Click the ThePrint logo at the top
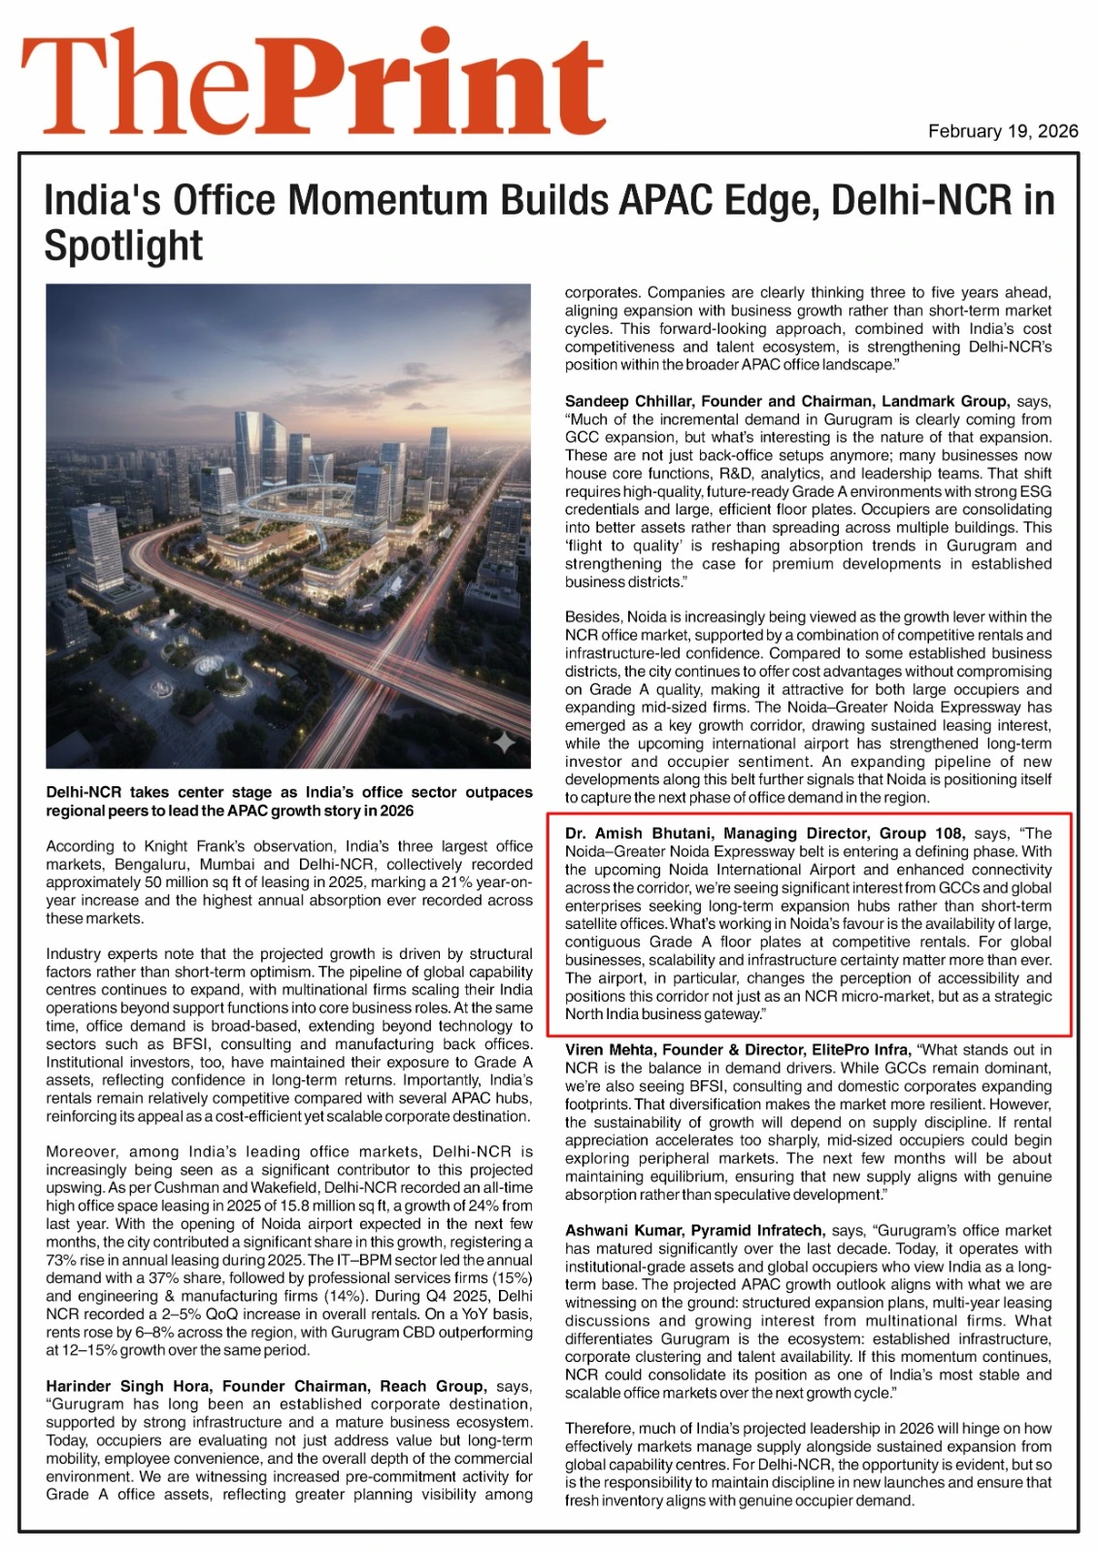pyautogui.click(x=313, y=83)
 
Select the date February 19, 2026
pyautogui.click(x=1002, y=131)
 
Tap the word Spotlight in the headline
pyautogui.click(x=123, y=246)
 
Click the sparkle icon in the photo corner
pyautogui.click(x=504, y=743)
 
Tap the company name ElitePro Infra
pyautogui.click(x=862, y=1049)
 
